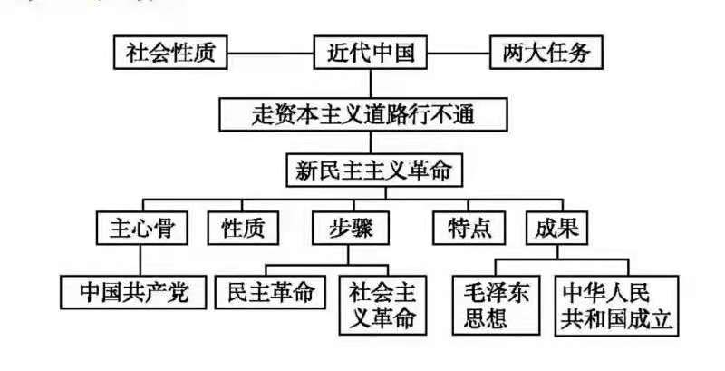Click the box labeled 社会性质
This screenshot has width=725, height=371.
pyautogui.click(x=170, y=53)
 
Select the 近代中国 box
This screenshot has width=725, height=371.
pyautogui.click(x=369, y=53)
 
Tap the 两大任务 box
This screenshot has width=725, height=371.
pyautogui.click(x=546, y=53)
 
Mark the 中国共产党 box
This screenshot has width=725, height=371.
pyautogui.click(x=134, y=292)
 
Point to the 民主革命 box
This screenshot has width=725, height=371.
pyautogui.click(x=270, y=292)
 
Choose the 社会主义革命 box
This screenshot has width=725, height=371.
pyautogui.click(x=383, y=305)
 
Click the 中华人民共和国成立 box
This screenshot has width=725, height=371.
pyautogui.click(x=619, y=305)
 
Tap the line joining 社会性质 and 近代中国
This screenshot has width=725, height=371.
pyautogui.click(x=269, y=53)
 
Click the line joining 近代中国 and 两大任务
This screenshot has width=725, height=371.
pyautogui.click(x=457, y=53)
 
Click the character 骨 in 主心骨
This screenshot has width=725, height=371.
pyautogui.click(x=168, y=228)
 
